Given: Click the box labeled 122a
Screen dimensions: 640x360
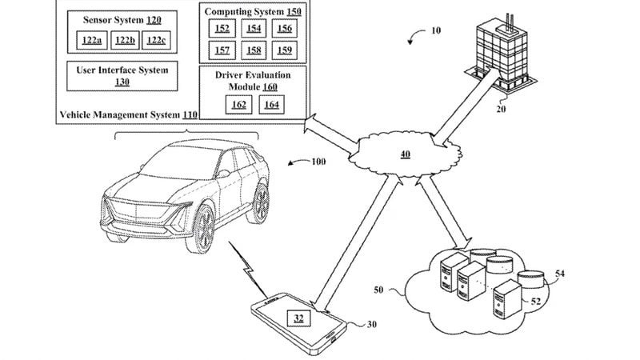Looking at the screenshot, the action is (92, 40).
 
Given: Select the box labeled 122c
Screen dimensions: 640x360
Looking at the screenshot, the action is (156, 40).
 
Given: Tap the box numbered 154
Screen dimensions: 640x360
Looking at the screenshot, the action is (254, 28).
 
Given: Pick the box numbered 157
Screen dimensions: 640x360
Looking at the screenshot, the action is (222, 50).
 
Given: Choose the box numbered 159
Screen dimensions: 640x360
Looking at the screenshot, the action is (285, 50).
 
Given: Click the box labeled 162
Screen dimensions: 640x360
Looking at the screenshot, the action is (238, 105).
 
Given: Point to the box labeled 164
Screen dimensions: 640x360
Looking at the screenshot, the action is (271, 105).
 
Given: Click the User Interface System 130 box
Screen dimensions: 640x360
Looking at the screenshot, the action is (122, 76).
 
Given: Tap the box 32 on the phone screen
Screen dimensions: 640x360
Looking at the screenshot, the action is (298, 318).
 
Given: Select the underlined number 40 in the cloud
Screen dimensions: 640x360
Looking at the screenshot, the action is (406, 154).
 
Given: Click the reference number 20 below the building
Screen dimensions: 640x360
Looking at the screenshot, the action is (501, 109).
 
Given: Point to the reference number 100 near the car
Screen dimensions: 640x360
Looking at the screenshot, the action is (318, 162).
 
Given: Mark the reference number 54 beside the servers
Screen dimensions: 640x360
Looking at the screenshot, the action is (560, 274).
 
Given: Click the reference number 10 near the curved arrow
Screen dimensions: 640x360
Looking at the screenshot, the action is (435, 30).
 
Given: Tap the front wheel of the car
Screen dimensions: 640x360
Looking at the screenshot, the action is (202, 230).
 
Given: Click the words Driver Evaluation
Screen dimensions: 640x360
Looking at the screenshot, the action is (253, 75).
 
